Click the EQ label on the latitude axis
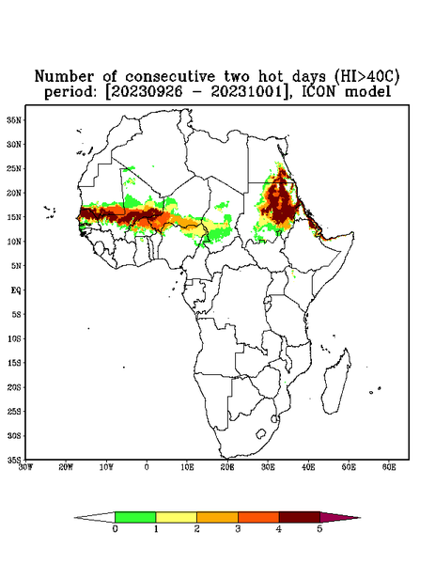pyautogui.click(x=16, y=290)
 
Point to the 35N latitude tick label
pyautogui.click(x=14, y=119)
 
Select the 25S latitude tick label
pyautogui.click(x=14, y=411)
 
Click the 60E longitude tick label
pyautogui.click(x=389, y=467)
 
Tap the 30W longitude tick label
pyautogui.click(x=25, y=467)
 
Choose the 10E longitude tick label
pyautogui.click(x=187, y=467)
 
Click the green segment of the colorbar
pyautogui.click(x=135, y=517)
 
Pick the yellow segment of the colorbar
pyautogui.click(x=176, y=517)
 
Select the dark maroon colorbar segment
pyautogui.click(x=300, y=517)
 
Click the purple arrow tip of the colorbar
pyautogui.click(x=340, y=517)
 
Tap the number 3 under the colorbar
pyautogui.click(x=238, y=529)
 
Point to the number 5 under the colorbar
pyautogui.click(x=319, y=529)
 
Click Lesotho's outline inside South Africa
pyautogui.click(x=261, y=433)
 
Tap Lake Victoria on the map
pyautogui.click(x=267, y=300)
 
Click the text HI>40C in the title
pyautogui.click(x=366, y=77)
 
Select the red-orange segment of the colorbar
pyautogui.click(x=258, y=517)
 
